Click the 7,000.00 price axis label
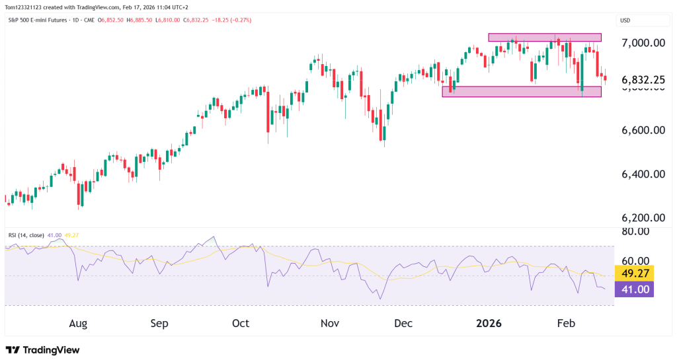(x=643, y=43)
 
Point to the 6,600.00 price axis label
(x=643, y=130)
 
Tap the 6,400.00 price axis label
(x=643, y=174)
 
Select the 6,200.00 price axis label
(x=643, y=218)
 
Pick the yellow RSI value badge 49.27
(x=634, y=273)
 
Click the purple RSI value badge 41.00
(x=634, y=289)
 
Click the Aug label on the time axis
(x=78, y=324)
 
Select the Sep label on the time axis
(x=159, y=324)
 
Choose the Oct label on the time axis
(x=241, y=324)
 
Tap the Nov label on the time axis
(x=329, y=324)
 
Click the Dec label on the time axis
(x=403, y=324)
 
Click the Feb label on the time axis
(x=567, y=324)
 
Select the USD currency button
(x=624, y=20)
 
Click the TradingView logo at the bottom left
(x=42, y=350)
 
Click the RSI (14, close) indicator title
(x=27, y=235)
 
